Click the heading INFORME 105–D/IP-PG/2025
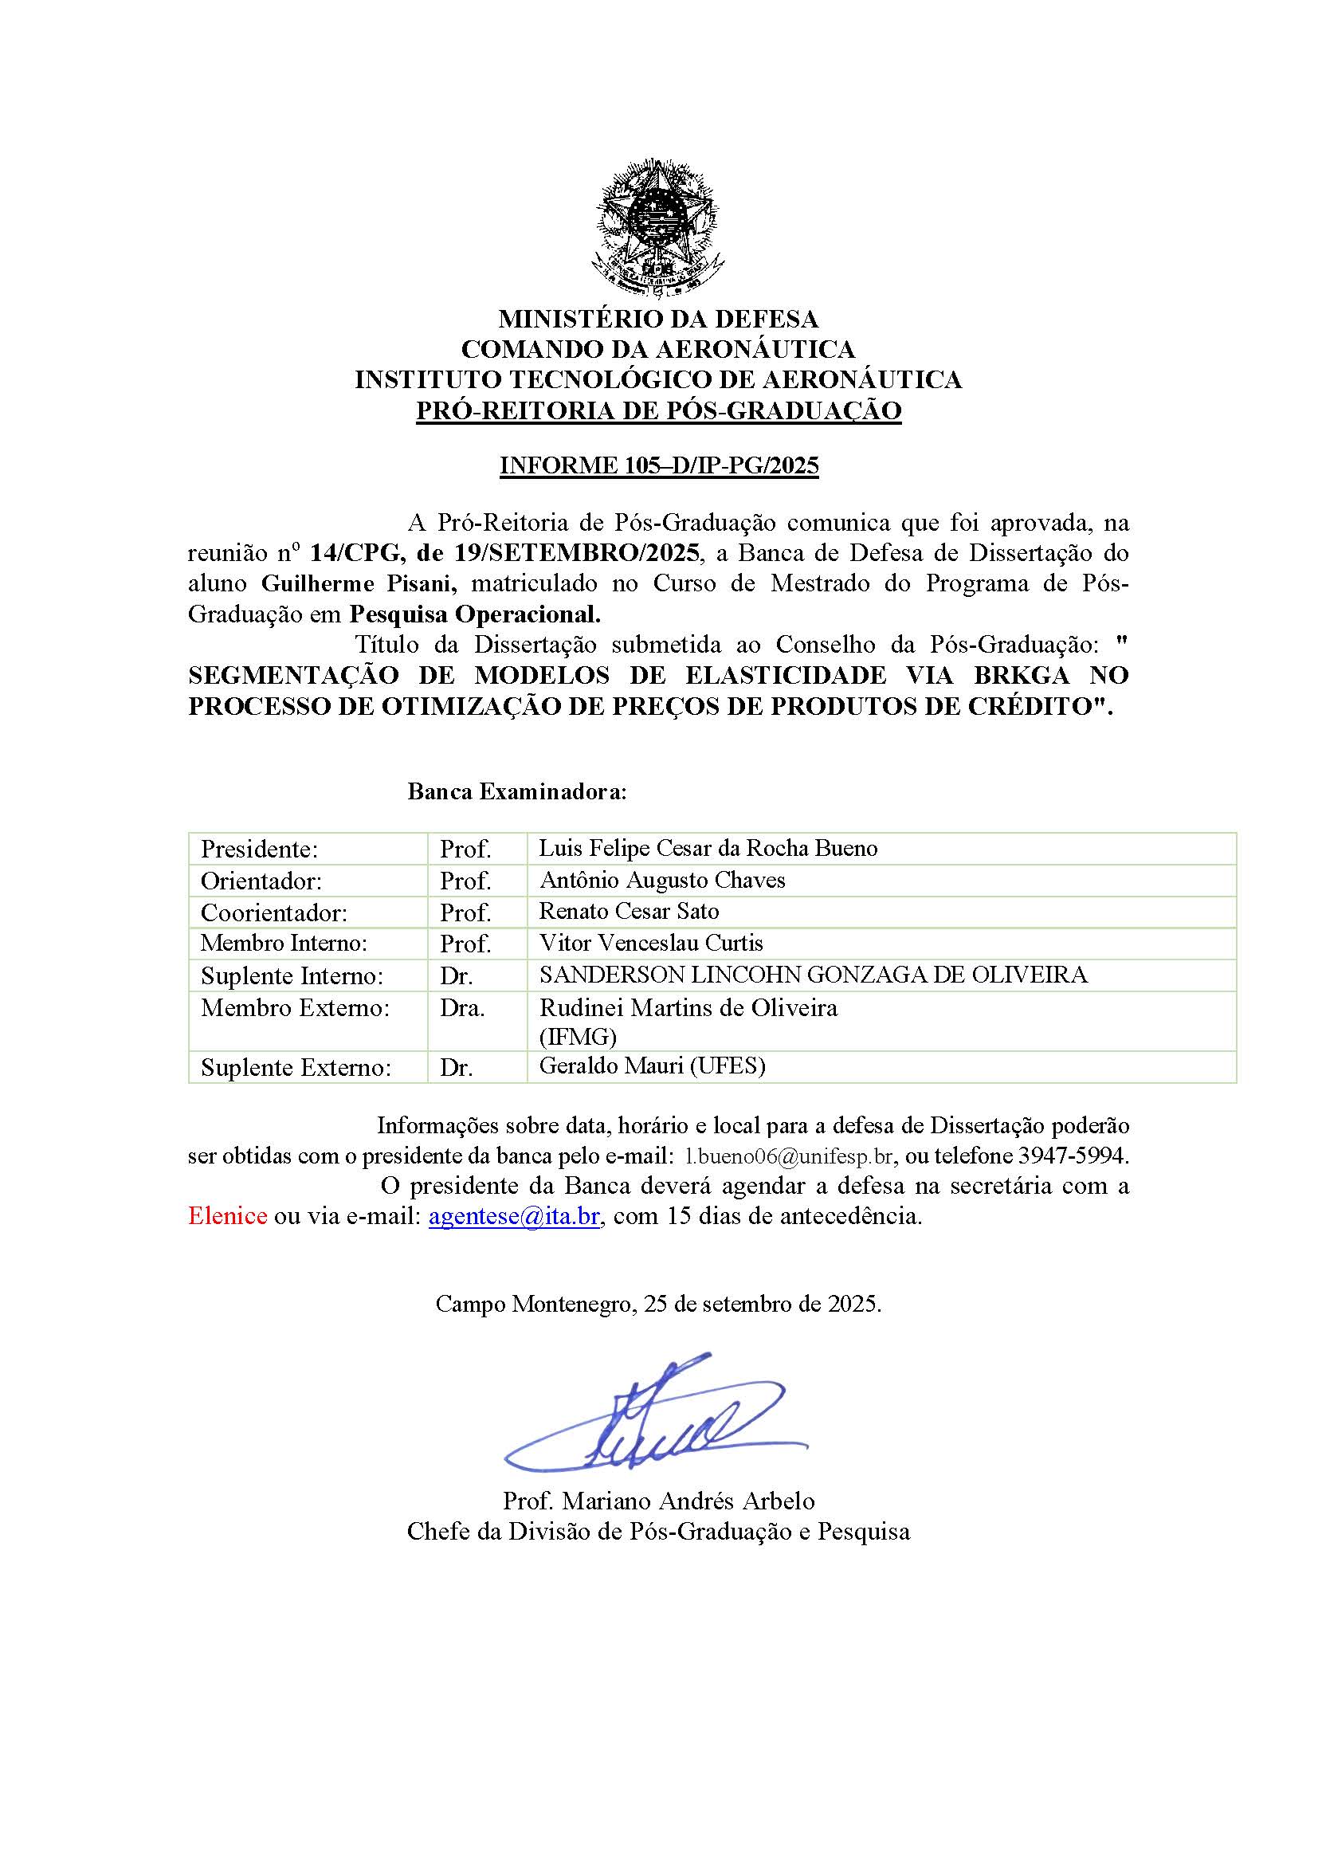pyautogui.click(x=658, y=466)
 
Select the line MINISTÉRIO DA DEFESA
pyautogui.click(x=658, y=318)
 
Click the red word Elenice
pyautogui.click(x=227, y=1216)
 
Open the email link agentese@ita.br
pyautogui.click(x=514, y=1216)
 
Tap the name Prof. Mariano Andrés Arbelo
pyautogui.click(x=658, y=1501)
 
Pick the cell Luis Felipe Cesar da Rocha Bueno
pyautogui.click(x=708, y=849)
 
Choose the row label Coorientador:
pyautogui.click(x=273, y=913)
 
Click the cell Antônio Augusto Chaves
pyautogui.click(x=661, y=880)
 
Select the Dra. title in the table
pyautogui.click(x=462, y=1008)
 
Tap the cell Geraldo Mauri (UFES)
pyautogui.click(x=652, y=1066)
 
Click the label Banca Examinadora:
pyautogui.click(x=517, y=791)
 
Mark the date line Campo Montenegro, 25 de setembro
pyautogui.click(x=658, y=1304)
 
